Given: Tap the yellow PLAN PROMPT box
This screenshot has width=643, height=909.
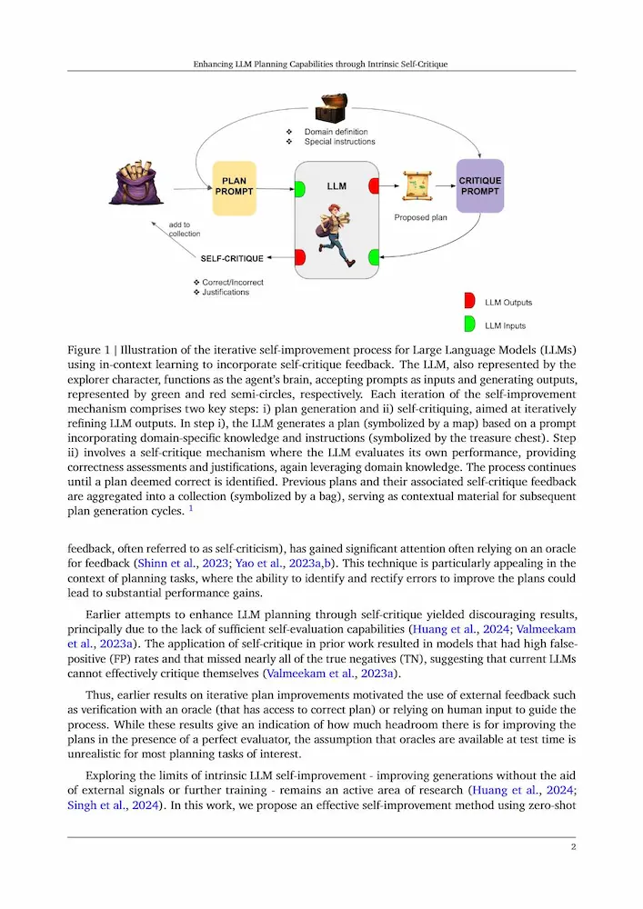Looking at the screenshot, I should coord(234,188).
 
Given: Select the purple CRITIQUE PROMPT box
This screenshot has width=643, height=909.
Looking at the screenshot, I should coord(479,186).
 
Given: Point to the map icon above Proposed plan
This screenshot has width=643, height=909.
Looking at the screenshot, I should coord(416,188).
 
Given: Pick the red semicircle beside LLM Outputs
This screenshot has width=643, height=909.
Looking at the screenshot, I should coord(470,301).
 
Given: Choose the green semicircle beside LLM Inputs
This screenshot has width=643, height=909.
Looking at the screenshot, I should coord(470,324).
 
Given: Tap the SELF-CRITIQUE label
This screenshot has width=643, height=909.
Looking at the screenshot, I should coord(232,258).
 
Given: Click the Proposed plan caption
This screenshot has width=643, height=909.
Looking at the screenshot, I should coord(420,218).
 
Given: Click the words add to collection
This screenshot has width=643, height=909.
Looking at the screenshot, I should coord(184,228).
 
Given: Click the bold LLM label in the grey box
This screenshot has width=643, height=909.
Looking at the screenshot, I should coord(337,185).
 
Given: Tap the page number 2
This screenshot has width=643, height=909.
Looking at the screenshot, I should coord(573,847).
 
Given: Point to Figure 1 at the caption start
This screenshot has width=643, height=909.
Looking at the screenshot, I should coord(92,348).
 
